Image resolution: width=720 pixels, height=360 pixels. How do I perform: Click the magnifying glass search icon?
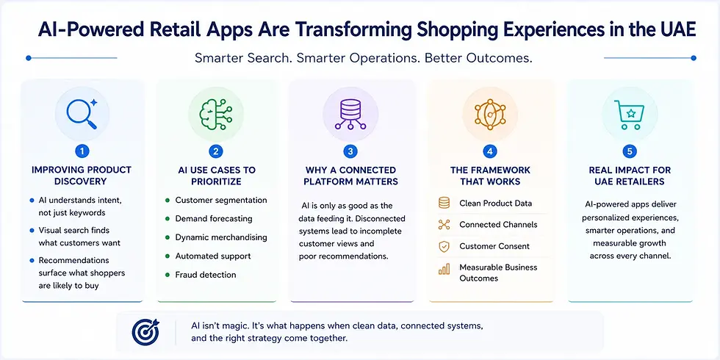[x=82, y=113]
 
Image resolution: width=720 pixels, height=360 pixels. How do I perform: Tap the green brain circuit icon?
[x=216, y=113]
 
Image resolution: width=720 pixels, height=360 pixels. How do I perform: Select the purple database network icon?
[x=350, y=114]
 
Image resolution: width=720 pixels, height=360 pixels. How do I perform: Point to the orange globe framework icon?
[x=490, y=113]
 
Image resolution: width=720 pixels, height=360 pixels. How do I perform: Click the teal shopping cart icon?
[x=629, y=114]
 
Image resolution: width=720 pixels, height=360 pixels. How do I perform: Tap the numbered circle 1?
[x=82, y=151]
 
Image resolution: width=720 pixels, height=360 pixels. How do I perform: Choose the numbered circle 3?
[x=350, y=151]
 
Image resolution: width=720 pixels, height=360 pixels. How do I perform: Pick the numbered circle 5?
[x=629, y=151]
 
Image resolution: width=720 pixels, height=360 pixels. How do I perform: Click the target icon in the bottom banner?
[x=145, y=331]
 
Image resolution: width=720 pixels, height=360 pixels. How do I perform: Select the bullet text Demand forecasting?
[x=214, y=219]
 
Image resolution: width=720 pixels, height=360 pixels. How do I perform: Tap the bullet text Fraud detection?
[x=206, y=275]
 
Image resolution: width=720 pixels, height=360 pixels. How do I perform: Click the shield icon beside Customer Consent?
[x=444, y=247]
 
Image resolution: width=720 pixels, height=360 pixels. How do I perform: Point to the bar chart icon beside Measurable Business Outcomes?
[x=444, y=269]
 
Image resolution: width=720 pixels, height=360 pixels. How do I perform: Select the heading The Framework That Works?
[x=490, y=176]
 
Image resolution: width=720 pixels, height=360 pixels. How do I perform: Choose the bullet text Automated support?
[x=213, y=256]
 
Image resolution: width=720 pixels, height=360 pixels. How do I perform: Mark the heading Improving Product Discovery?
[x=82, y=176]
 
